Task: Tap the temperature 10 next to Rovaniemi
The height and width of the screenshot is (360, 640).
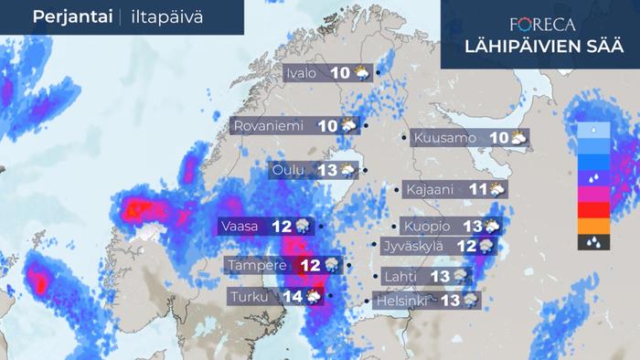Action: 326,126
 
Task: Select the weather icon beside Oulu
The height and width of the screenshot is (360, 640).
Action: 348,170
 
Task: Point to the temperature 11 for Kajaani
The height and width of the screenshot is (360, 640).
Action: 478,190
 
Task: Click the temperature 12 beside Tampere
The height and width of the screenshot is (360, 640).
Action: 311,265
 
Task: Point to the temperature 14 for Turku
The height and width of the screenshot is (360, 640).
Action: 293,296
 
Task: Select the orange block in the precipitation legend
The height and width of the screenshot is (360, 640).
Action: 594,226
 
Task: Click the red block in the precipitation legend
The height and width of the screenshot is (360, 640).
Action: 594,209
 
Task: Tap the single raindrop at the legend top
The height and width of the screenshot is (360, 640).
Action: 594,130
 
